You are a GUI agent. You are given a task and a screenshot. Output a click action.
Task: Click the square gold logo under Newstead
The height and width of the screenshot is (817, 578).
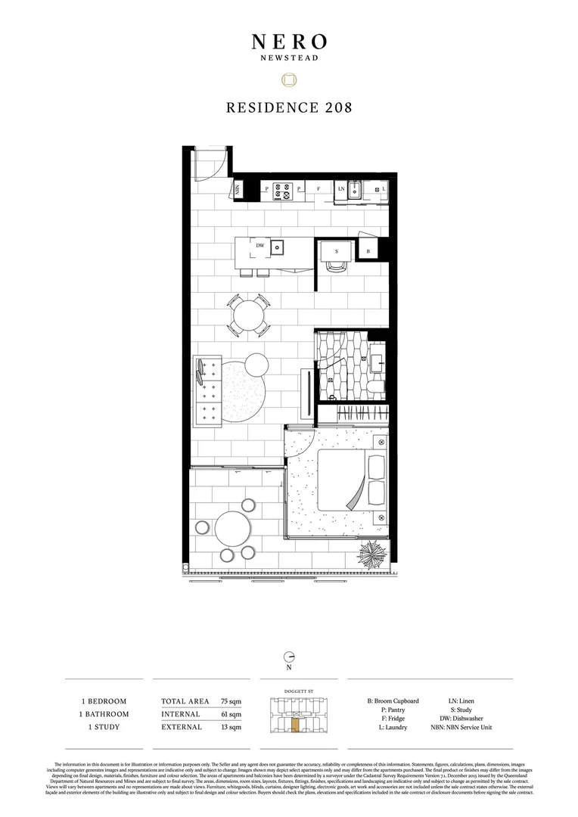coord(288,79)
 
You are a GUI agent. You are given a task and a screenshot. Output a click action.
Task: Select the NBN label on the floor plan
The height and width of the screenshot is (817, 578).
coord(238,189)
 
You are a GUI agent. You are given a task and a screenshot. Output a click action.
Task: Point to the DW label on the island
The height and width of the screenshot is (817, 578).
coord(259,245)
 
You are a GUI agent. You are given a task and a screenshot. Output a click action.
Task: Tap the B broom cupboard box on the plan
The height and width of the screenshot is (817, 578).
coord(368,250)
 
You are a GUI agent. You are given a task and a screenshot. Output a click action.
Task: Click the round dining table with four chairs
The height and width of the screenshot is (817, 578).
coord(248,315)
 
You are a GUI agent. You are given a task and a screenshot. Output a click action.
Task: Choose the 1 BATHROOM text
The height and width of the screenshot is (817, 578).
coord(104,714)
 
